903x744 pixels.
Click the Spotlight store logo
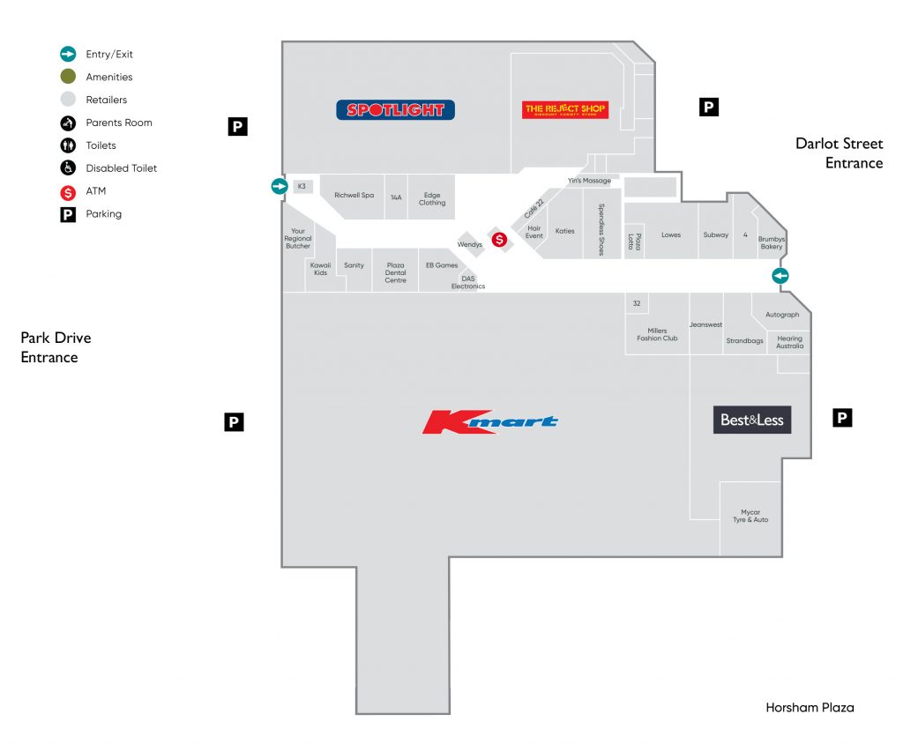tap(395, 110)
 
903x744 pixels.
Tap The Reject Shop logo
tap(565, 110)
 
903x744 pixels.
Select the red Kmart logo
tap(489, 422)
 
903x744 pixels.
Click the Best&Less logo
tap(751, 420)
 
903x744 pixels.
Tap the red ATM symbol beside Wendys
tap(499, 239)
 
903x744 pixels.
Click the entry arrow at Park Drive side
tap(280, 186)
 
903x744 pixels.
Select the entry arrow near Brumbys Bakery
tap(780, 276)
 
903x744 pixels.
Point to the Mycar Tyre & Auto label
tap(750, 516)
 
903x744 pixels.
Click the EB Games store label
tap(442, 265)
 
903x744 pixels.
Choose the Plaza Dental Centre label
tap(395, 272)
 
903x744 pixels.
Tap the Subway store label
tap(715, 235)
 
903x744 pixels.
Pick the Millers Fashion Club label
tap(657, 334)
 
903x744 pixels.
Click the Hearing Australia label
tap(790, 342)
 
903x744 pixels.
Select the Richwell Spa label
tap(354, 196)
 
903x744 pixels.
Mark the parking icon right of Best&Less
tap(843, 418)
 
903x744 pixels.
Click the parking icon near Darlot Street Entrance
tap(708, 107)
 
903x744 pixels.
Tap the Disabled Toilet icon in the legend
tap(68, 167)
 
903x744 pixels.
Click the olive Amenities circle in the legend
tap(68, 77)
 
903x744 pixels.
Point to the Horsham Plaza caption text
tap(810, 707)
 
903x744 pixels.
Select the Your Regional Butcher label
tap(298, 239)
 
